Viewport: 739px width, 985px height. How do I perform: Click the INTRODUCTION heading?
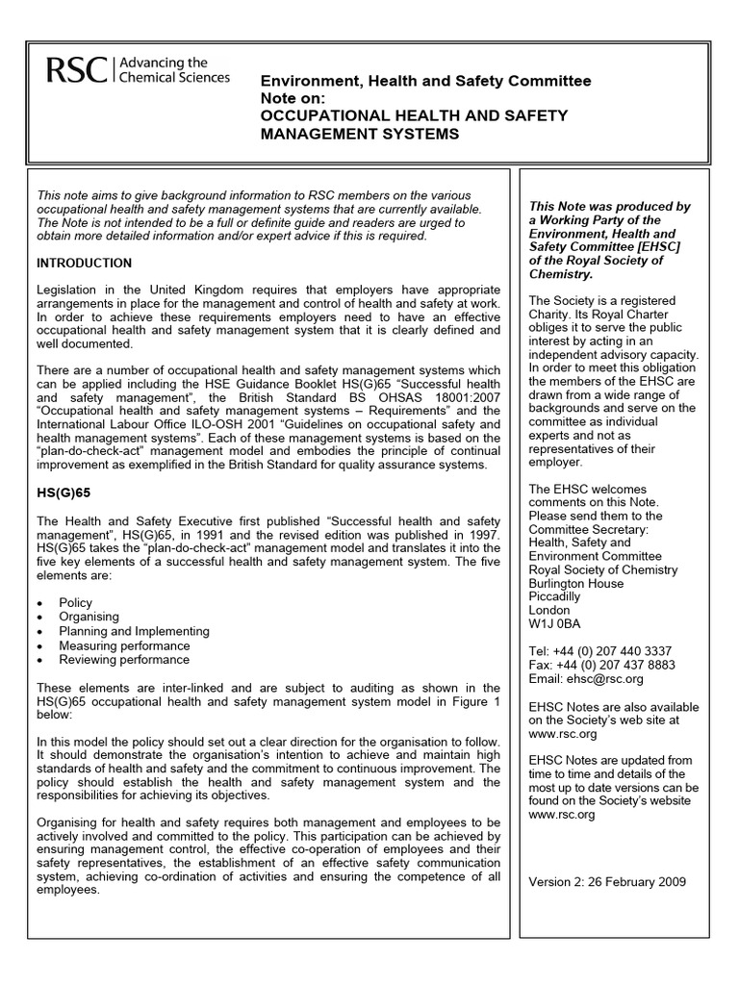pyautogui.click(x=85, y=263)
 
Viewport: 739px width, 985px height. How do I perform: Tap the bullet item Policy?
pyautogui.click(x=76, y=603)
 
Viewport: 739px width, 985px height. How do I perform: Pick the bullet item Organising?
pyautogui.click(x=89, y=618)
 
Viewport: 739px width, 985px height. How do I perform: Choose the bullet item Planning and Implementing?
pyautogui.click(x=134, y=632)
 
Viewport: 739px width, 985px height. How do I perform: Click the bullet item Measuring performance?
pyautogui.click(x=124, y=646)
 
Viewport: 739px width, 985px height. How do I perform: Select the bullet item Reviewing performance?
pyautogui.click(x=123, y=661)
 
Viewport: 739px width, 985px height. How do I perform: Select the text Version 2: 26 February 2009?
pyautogui.click(x=608, y=883)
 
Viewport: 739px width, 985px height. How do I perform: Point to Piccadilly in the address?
pyautogui.click(x=555, y=596)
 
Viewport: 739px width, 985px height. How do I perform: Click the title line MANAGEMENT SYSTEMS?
pyautogui.click(x=360, y=134)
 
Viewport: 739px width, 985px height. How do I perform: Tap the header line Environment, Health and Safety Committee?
pyautogui.click(x=427, y=82)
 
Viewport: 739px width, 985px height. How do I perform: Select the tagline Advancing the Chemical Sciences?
pyautogui.click(x=174, y=69)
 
